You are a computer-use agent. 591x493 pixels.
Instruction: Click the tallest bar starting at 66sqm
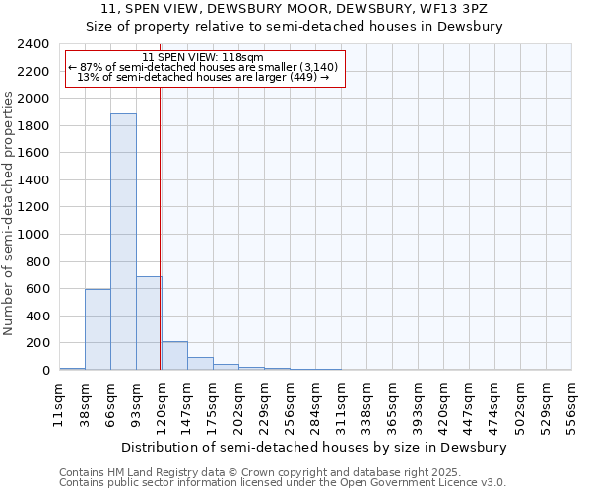pyautogui.click(x=123, y=242)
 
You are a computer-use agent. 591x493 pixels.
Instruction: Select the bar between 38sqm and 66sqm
pyautogui.click(x=98, y=329)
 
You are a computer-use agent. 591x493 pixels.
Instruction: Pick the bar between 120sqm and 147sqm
pyautogui.click(x=174, y=356)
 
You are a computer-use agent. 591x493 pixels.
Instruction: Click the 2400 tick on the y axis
pyautogui.click(x=33, y=44)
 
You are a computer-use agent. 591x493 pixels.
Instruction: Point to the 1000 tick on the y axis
pyautogui.click(x=33, y=235)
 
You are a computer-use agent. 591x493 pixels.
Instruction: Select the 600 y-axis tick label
pyautogui.click(x=37, y=289)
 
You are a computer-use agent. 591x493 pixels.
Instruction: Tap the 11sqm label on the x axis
pyautogui.click(x=59, y=405)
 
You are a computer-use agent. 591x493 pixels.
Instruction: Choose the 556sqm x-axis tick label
pyautogui.click(x=571, y=405)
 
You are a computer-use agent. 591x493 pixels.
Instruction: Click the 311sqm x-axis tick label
pyautogui.click(x=341, y=405)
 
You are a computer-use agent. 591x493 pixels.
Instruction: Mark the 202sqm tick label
pyautogui.click(x=238, y=405)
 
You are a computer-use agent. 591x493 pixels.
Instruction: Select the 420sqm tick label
pyautogui.click(x=443, y=405)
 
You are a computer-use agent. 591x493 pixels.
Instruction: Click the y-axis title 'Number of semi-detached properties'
pyautogui.click(x=9, y=213)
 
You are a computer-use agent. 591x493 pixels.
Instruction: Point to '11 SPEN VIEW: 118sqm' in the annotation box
pyautogui.click(x=202, y=57)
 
